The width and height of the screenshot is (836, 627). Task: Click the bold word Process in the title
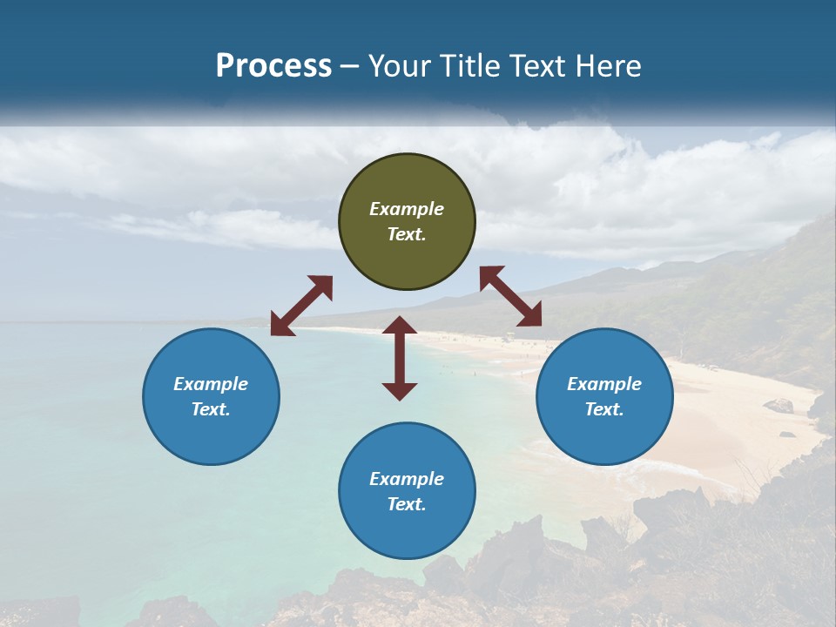click(273, 65)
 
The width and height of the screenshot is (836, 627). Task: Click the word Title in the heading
click(465, 65)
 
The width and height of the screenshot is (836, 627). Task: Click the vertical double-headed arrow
click(400, 358)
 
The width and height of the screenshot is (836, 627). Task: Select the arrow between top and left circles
click(301, 306)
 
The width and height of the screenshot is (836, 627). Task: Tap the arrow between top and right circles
click(510, 296)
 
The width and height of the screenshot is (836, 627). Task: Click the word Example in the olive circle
click(407, 209)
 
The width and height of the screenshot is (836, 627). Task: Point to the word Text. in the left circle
click(211, 409)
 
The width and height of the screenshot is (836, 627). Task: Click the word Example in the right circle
click(604, 384)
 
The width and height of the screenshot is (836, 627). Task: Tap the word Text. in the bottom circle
click(407, 504)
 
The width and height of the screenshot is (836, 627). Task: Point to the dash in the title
click(350, 66)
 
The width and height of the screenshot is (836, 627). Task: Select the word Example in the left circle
click(211, 384)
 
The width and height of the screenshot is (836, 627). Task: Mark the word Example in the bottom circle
click(407, 479)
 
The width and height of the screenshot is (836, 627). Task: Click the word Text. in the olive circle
click(407, 234)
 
